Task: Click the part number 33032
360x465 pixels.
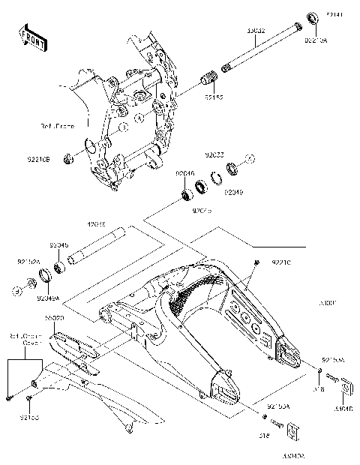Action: (x=256, y=31)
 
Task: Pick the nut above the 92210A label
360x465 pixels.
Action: (x=311, y=17)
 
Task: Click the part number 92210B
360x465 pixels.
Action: (x=37, y=159)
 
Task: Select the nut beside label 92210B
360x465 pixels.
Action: (x=69, y=158)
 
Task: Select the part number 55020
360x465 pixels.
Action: (x=54, y=319)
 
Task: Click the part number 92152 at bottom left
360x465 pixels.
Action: (x=29, y=416)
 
